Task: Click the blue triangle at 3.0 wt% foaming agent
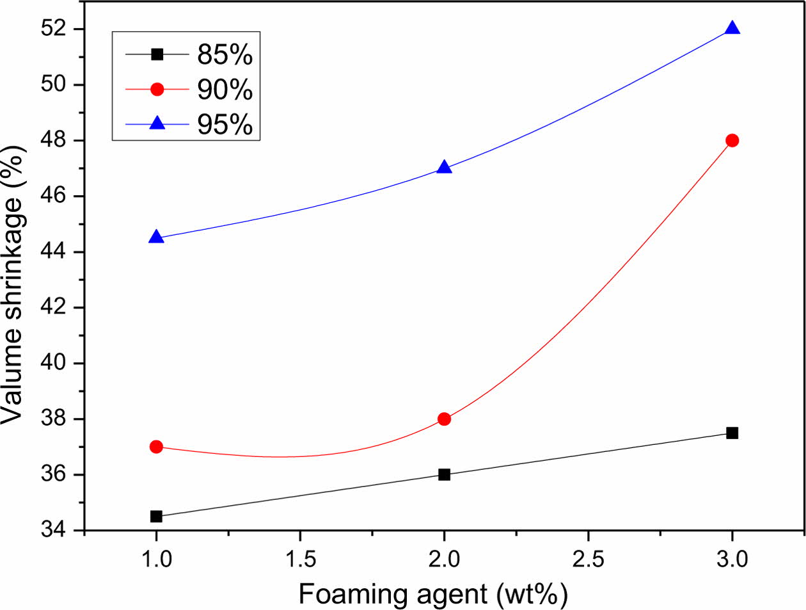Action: coord(732,29)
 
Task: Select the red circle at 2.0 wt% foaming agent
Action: coord(444,419)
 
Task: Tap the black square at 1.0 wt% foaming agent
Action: coord(156,517)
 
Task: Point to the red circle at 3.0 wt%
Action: coord(732,141)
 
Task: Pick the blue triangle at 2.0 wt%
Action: coord(444,168)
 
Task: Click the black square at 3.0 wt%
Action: coord(732,433)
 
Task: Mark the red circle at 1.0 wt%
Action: coord(156,447)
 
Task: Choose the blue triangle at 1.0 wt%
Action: coord(156,238)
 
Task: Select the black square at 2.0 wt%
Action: coord(444,474)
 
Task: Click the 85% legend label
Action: coord(225,55)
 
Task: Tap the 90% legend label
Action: coord(225,90)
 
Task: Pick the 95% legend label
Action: coord(225,124)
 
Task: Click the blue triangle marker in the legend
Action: coord(157,124)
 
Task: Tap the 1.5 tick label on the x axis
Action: coord(300,559)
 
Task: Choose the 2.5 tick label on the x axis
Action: coord(588,559)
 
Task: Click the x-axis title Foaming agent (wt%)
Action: coord(433,594)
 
